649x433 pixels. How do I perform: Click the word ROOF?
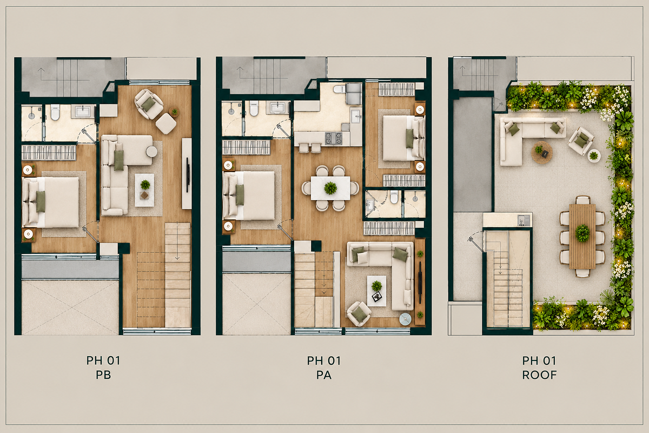pos(539,375)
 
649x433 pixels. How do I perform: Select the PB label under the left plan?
pos(103,375)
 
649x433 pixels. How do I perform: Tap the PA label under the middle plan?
pos(323,375)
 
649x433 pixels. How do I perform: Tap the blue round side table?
pos(405,319)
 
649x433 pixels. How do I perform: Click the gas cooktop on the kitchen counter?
pos(333,138)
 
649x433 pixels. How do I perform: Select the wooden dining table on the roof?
pos(582,237)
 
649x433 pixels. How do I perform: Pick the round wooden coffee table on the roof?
pos(541,153)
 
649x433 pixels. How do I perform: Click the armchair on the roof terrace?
pos(581,141)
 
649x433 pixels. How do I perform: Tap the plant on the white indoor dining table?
pos(330,188)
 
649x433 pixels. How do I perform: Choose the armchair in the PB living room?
pos(149,104)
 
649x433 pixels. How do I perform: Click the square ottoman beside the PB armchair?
pos(165,123)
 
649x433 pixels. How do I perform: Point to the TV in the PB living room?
pos(188,175)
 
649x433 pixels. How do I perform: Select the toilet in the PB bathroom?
pos(55,112)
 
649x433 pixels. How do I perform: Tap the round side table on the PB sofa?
pos(151,152)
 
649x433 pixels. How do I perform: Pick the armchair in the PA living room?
pos(359,313)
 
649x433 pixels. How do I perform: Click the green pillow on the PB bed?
pos(41,201)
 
